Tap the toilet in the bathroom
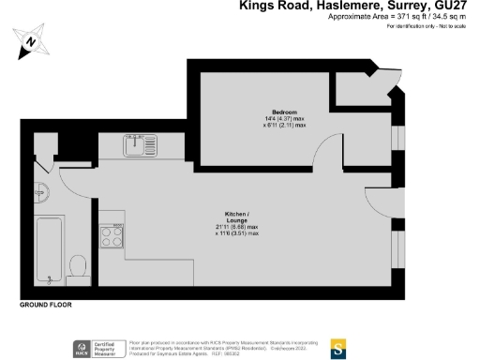click(79, 266)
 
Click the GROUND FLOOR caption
click(45, 306)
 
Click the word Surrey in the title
click(408, 7)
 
